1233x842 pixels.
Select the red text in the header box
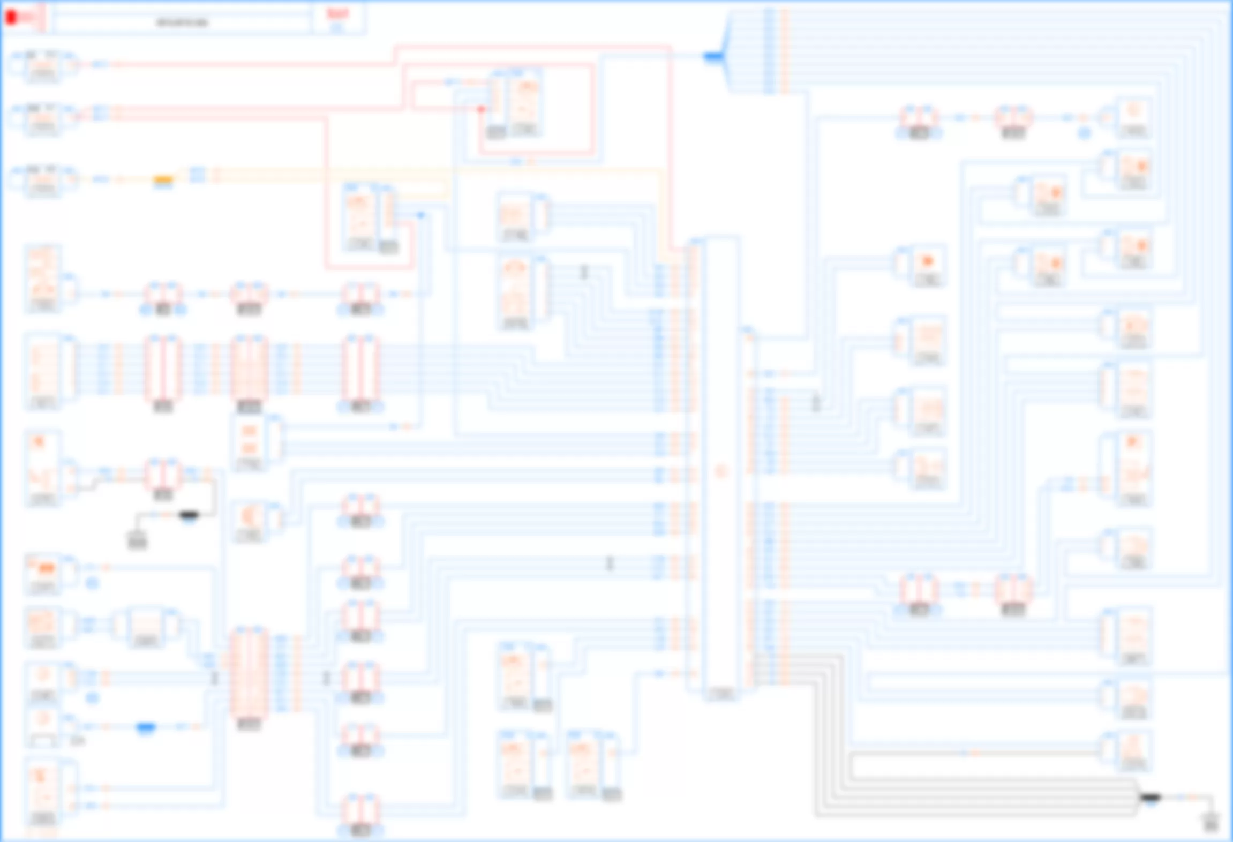click(337, 14)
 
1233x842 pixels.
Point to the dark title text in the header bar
click(182, 22)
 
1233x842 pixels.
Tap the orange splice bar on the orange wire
click(163, 179)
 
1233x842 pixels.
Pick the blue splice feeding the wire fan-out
click(713, 56)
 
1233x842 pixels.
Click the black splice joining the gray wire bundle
click(1150, 798)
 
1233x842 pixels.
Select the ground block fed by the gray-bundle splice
click(1211, 822)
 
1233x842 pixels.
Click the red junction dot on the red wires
click(481, 109)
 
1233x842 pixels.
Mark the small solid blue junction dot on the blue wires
click(420, 215)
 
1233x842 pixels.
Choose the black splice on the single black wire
click(189, 515)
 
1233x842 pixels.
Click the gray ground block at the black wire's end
click(137, 540)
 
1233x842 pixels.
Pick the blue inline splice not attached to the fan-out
click(146, 727)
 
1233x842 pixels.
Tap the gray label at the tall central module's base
click(720, 694)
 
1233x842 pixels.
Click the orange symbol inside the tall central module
click(720, 471)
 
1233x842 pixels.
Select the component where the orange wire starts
click(43, 179)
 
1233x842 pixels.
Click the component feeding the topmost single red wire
click(43, 65)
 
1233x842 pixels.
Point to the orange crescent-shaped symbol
click(249, 517)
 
